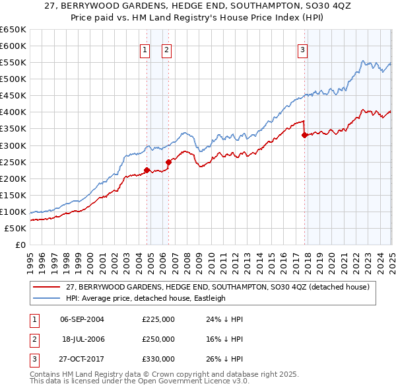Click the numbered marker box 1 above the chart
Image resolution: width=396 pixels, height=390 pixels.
point(145,49)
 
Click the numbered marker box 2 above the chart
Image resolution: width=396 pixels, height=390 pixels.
point(166,49)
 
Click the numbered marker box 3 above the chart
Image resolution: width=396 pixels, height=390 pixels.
point(302,49)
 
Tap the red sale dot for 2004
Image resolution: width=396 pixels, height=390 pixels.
point(147,170)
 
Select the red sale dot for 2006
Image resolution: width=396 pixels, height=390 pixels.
point(168,161)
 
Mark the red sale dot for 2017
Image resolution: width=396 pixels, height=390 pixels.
point(304,135)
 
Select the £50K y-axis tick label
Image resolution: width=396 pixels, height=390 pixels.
point(16,228)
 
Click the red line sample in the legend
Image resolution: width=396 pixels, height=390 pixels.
point(46,287)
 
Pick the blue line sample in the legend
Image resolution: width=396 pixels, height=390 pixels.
point(46,298)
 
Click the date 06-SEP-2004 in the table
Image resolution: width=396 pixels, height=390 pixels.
point(82,319)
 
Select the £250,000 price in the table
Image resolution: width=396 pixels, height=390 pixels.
point(158,339)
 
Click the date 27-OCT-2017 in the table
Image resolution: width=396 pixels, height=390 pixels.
point(82,359)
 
